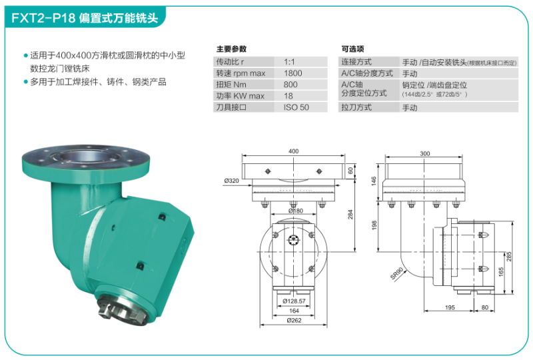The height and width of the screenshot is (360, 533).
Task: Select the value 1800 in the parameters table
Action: tap(292, 73)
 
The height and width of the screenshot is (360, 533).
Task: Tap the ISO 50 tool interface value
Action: tap(296, 107)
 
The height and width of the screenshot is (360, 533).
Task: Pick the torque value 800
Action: tap(290, 85)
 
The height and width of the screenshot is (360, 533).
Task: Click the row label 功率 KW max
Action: tap(239, 96)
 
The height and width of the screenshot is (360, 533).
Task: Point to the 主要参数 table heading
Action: tap(231, 49)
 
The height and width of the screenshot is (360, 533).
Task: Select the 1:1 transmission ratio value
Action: tap(289, 61)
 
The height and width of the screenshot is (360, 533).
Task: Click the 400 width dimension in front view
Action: tap(293, 151)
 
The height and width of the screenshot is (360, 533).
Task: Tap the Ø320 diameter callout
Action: tap(232, 181)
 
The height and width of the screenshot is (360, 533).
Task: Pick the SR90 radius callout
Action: tap(397, 273)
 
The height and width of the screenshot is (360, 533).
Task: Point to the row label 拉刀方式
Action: tap(356, 107)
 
